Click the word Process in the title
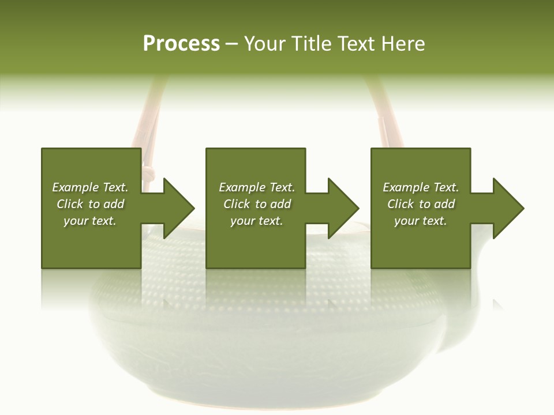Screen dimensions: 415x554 [181, 44]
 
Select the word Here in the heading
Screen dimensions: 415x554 [403, 44]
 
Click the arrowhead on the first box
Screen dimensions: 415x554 [178, 208]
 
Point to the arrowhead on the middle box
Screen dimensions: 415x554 [343, 208]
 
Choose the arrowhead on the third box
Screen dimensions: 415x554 [508, 208]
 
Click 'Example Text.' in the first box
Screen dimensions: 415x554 [90, 187]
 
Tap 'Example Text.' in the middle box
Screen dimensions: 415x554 [256, 187]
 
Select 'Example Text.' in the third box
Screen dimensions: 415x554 [421, 187]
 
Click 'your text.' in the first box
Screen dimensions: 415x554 [90, 221]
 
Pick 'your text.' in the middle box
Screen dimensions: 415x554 [256, 221]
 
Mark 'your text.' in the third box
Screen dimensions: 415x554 [421, 221]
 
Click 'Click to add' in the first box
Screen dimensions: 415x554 [90, 204]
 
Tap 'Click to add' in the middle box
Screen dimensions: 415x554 [256, 204]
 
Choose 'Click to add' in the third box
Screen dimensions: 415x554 [421, 204]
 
